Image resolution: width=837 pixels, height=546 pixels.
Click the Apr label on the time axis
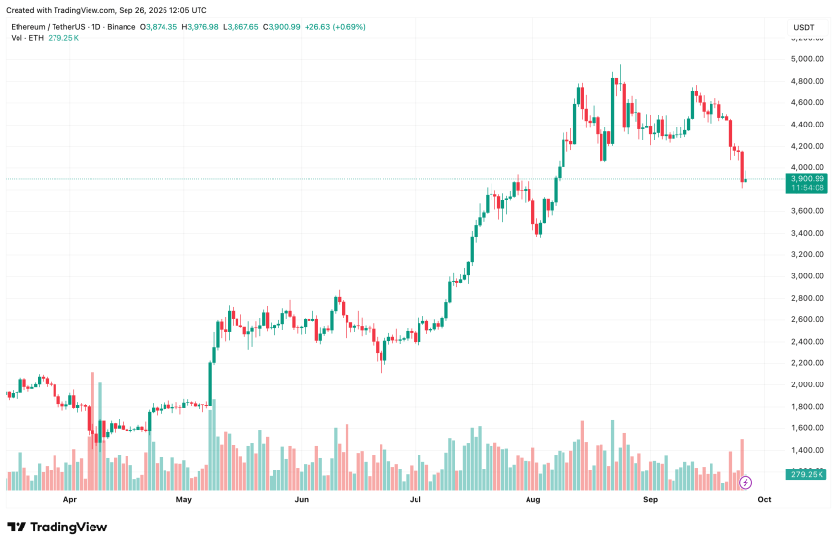point(69,499)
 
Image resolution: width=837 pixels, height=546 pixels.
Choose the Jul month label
point(416,499)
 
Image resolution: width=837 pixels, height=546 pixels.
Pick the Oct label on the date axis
point(765,499)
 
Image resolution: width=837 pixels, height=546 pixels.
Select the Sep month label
point(650,499)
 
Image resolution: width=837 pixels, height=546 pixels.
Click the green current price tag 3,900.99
point(808,179)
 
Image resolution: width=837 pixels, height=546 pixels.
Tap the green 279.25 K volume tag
point(808,474)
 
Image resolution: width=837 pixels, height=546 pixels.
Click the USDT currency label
point(804,27)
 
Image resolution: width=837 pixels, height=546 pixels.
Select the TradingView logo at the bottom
point(57,527)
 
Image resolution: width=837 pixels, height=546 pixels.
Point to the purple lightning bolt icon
point(746,482)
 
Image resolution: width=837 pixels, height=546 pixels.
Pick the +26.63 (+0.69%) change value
point(334,27)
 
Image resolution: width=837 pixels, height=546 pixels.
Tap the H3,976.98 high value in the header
point(200,27)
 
